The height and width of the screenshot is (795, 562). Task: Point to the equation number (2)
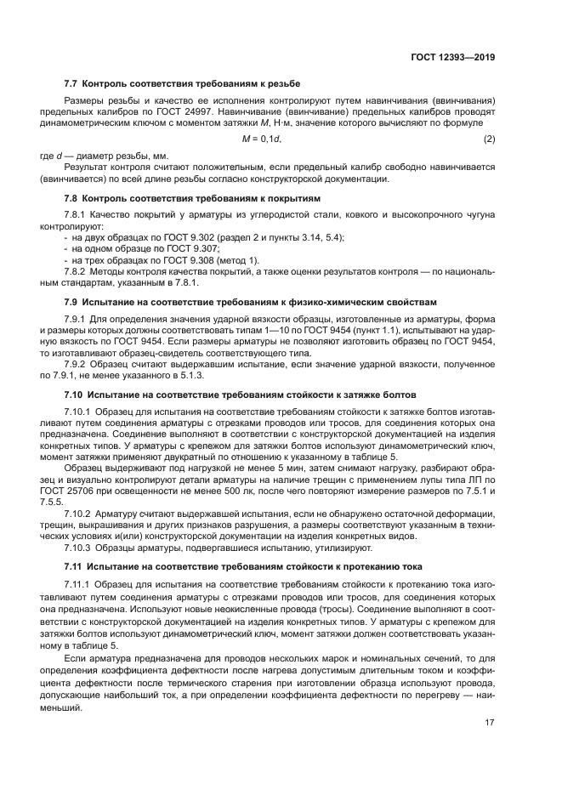pos(489,138)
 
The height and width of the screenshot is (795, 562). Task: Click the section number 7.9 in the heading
pos(72,301)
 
